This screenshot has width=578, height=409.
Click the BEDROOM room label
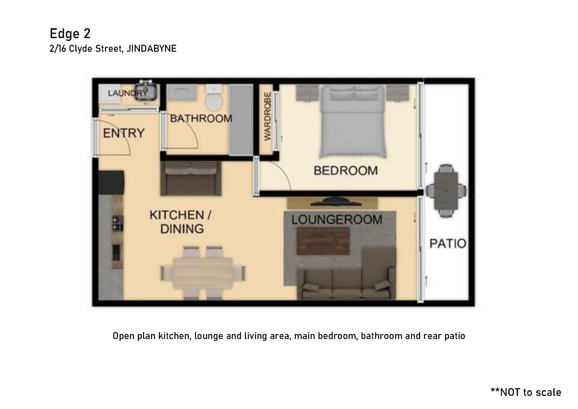click(x=346, y=171)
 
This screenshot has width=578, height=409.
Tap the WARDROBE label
click(x=267, y=117)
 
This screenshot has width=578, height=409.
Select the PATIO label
click(x=448, y=243)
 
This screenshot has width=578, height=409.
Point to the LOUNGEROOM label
click(x=337, y=220)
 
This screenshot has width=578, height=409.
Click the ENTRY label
click(x=124, y=133)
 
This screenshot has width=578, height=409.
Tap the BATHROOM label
click(x=201, y=118)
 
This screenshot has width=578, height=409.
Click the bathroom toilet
click(x=214, y=97)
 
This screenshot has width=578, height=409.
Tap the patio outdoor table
click(x=446, y=191)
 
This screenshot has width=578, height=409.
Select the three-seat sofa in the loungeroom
click(x=346, y=283)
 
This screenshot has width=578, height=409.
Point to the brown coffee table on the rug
click(x=323, y=241)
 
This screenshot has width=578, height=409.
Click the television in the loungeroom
click(x=335, y=202)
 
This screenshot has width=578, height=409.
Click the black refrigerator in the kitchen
click(x=111, y=183)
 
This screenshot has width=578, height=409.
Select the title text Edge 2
click(x=70, y=34)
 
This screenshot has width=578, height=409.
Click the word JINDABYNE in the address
click(x=151, y=48)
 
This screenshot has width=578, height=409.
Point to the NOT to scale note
click(x=526, y=392)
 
